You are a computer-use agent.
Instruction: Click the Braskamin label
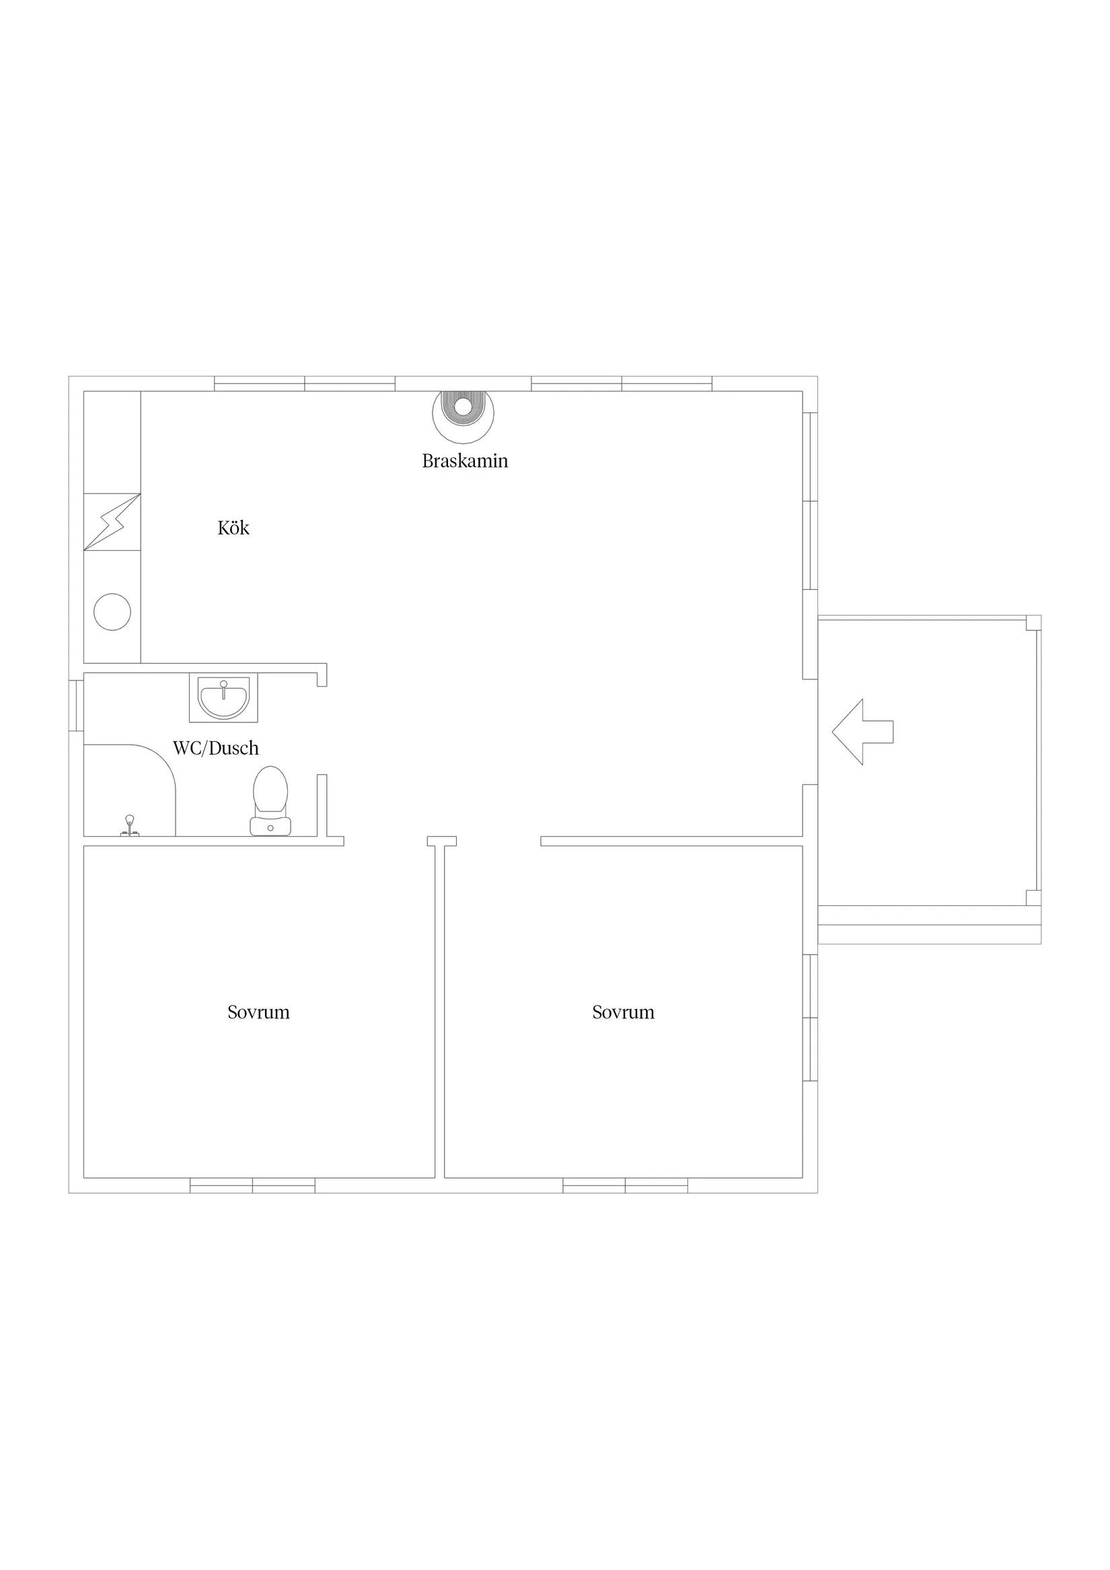(x=465, y=461)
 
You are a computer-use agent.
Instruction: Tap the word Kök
(x=233, y=527)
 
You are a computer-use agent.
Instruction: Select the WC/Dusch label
(x=215, y=747)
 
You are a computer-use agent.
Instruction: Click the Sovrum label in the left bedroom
(x=258, y=1012)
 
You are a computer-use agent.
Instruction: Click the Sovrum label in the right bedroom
(x=623, y=1012)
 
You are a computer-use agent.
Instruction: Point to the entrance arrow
(x=862, y=732)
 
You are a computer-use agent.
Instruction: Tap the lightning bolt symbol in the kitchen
(x=112, y=522)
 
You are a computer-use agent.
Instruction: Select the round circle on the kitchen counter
(x=112, y=611)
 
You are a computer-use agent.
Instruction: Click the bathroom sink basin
(x=223, y=699)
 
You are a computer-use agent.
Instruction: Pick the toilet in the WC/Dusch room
(x=270, y=800)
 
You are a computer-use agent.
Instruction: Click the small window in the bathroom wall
(x=76, y=704)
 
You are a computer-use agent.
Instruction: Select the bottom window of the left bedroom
(x=252, y=1185)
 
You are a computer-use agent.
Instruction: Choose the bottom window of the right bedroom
(x=625, y=1185)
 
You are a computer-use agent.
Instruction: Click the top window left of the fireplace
(x=304, y=383)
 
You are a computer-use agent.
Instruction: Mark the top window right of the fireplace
(x=622, y=383)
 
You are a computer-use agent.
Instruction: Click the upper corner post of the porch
(x=1033, y=622)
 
